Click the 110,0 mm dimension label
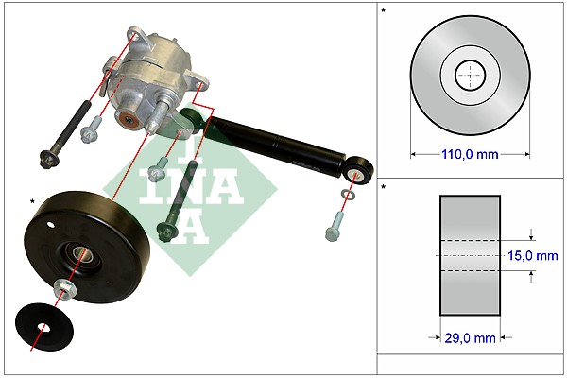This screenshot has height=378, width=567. click(x=470, y=154)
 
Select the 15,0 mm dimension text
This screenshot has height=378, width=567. click(x=533, y=256)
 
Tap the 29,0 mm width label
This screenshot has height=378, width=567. click(x=470, y=338)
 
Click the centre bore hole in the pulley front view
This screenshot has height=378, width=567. click(x=470, y=76)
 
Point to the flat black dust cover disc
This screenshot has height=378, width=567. click(x=44, y=327)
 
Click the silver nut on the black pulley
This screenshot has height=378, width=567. click(x=64, y=289)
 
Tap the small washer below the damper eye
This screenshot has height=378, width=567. click(x=348, y=195)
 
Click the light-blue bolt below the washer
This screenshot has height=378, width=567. click(x=335, y=227)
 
